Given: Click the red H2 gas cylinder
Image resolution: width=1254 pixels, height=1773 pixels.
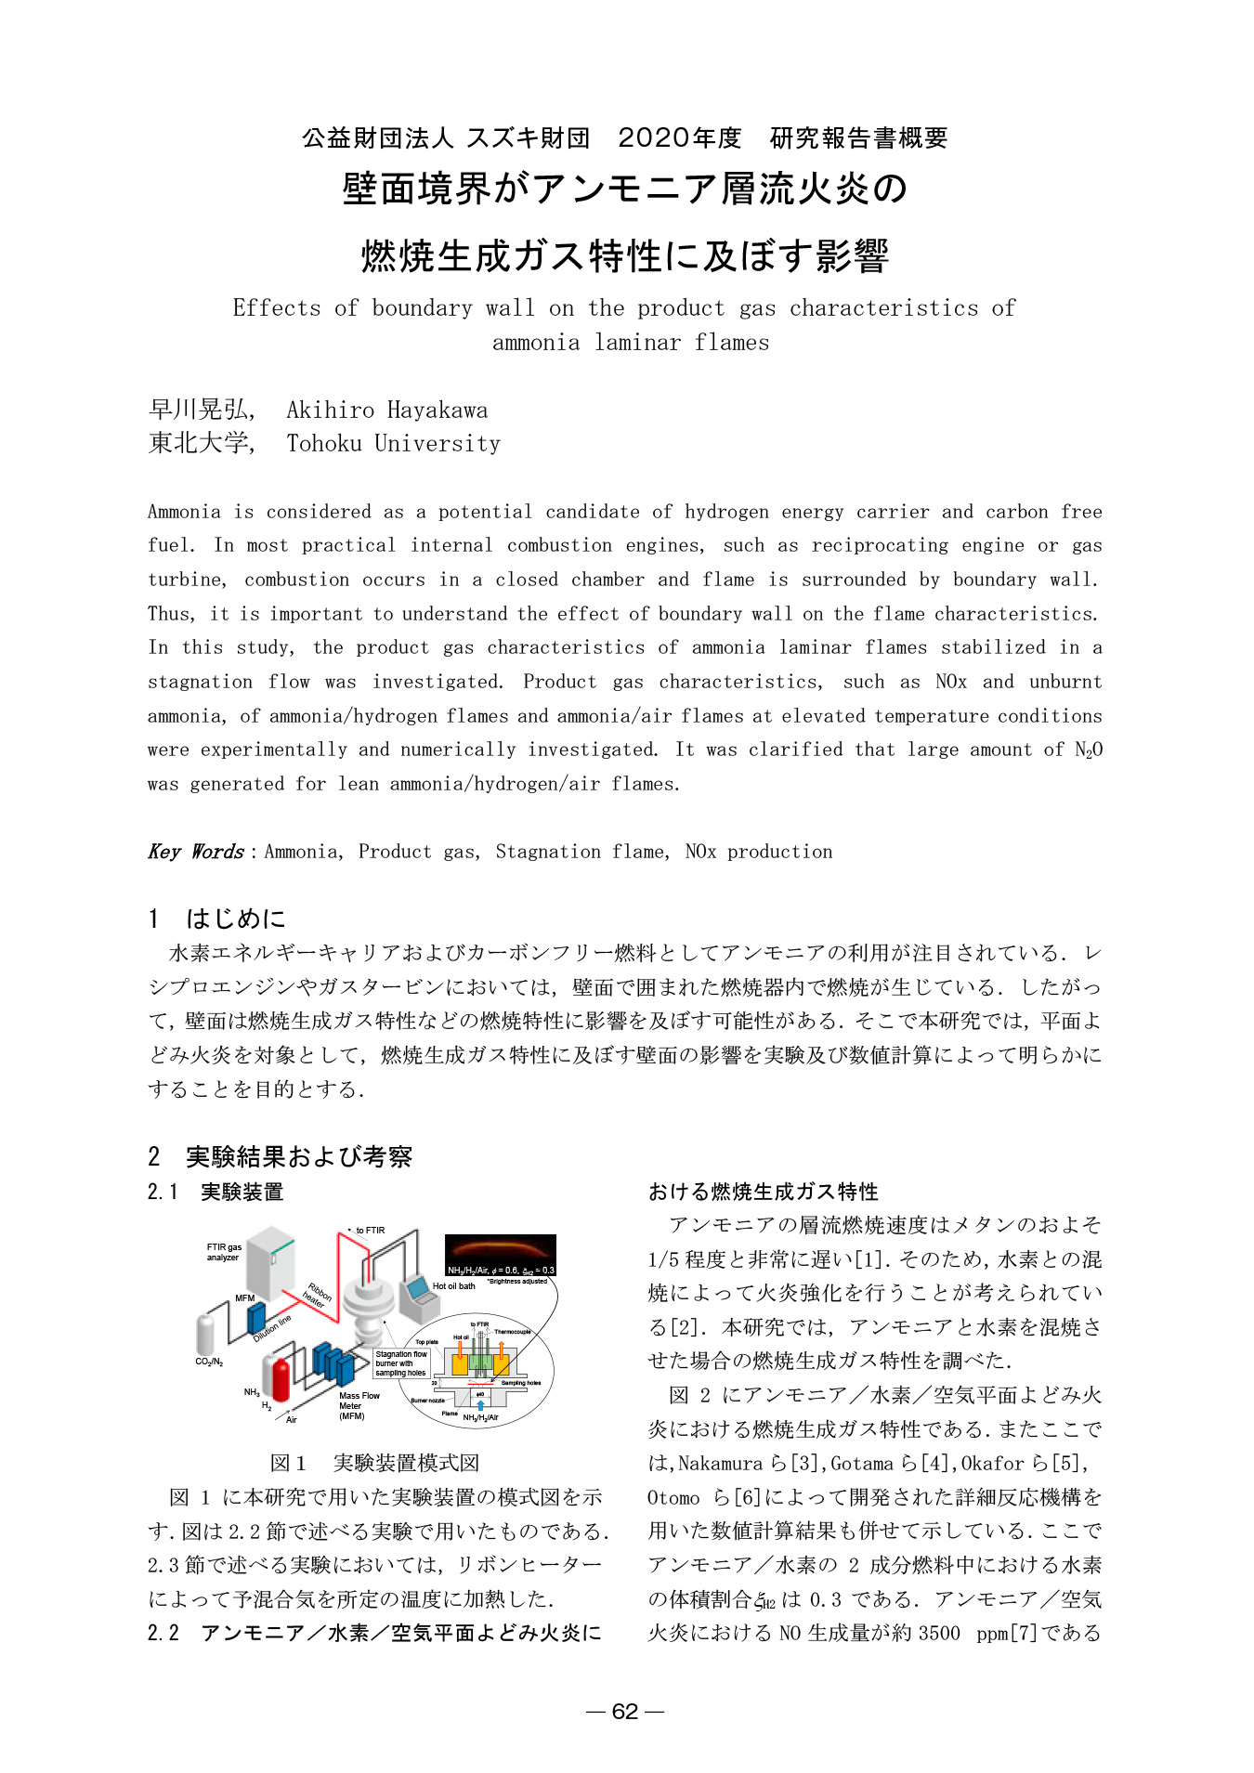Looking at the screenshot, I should [280, 1379].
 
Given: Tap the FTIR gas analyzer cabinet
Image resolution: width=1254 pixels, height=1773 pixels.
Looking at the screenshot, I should [270, 1263].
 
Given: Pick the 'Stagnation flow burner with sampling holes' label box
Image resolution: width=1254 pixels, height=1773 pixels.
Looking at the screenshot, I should [401, 1363].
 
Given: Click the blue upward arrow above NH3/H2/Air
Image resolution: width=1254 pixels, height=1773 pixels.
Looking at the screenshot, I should [480, 1405].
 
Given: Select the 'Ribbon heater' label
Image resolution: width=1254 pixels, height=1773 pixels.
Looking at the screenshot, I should [318, 1296].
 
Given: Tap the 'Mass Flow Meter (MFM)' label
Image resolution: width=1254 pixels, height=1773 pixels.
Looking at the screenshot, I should [359, 1405].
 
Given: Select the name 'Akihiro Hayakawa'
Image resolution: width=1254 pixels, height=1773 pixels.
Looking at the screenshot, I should [386, 411].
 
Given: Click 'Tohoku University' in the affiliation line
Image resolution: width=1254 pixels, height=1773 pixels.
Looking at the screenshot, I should [393, 444].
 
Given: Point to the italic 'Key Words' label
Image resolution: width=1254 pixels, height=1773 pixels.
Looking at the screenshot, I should [196, 852].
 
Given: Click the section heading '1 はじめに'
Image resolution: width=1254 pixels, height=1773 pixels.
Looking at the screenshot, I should [217, 919].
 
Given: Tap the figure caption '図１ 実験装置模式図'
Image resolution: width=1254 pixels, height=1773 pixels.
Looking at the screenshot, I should [374, 1463].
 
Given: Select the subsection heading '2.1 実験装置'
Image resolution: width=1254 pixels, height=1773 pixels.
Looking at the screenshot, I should [216, 1192].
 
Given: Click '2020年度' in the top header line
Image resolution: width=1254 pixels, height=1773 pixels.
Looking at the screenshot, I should [680, 138].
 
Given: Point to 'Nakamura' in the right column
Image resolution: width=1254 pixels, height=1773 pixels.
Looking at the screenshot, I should [720, 1464].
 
